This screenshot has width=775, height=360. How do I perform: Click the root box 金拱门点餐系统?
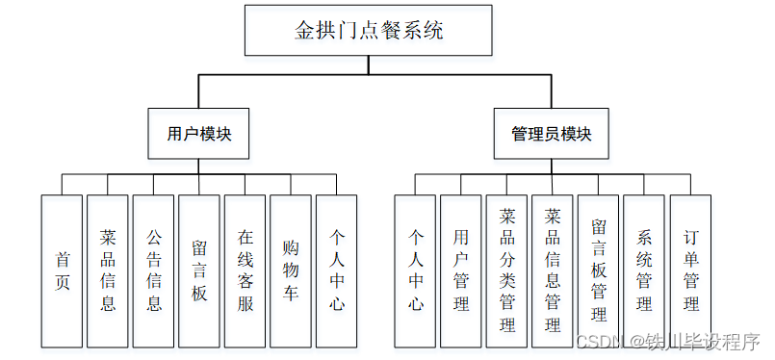point(369,30)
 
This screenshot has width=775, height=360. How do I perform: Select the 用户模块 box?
point(198,134)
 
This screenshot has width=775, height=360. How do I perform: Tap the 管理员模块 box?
point(551,134)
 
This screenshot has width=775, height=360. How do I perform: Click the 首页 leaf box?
point(63,270)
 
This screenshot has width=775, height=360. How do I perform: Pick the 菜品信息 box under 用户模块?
point(108,270)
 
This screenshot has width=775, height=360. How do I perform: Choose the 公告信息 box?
point(154,270)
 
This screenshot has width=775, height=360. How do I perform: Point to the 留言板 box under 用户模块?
point(199,270)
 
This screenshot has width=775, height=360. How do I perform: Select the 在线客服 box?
point(245,270)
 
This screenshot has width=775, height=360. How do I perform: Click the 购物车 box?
point(291,270)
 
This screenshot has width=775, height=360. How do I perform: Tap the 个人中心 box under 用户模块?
point(337,270)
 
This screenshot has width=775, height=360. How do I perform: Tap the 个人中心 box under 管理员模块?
point(415,270)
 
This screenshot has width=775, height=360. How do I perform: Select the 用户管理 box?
point(461,270)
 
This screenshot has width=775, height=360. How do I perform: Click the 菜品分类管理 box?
point(506,270)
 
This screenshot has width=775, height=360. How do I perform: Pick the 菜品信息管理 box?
point(553,270)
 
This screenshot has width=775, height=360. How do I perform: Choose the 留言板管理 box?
point(598,270)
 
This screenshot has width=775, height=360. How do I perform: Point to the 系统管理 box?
point(644,270)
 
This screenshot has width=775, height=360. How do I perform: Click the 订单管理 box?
point(690,270)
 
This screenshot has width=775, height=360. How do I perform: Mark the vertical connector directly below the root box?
point(369,65)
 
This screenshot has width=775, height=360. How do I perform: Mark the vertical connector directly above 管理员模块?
point(551,92)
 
